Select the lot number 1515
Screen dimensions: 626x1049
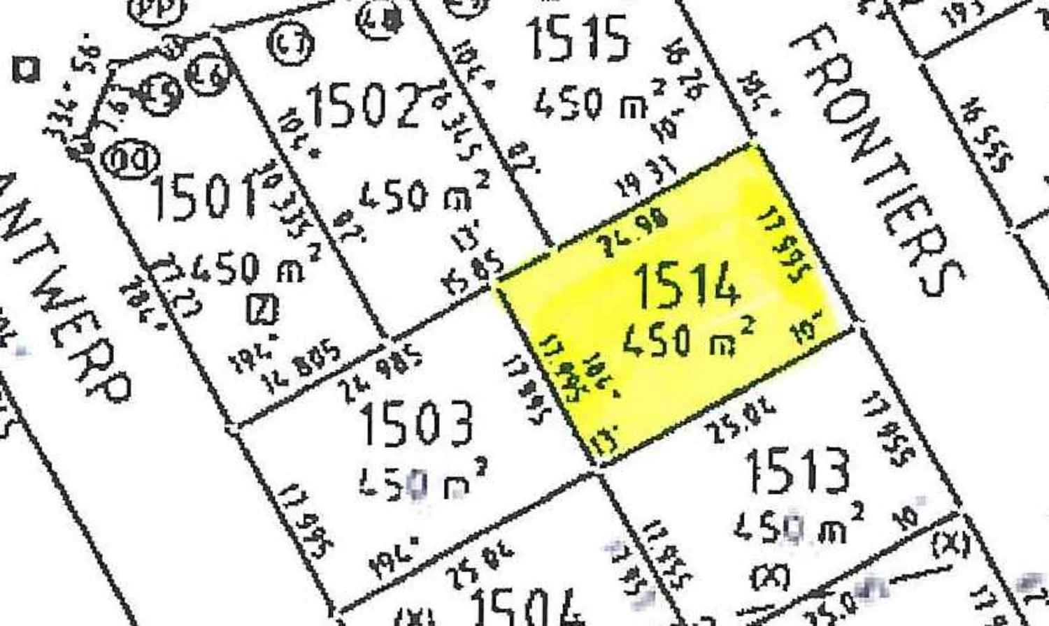pos(577,38)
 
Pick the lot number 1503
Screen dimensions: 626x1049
pos(416,422)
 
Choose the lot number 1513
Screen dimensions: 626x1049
pos(797,469)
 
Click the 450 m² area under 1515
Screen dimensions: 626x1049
pos(598,102)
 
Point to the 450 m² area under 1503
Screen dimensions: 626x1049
pos(423,482)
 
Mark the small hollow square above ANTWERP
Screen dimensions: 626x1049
pos(27,70)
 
